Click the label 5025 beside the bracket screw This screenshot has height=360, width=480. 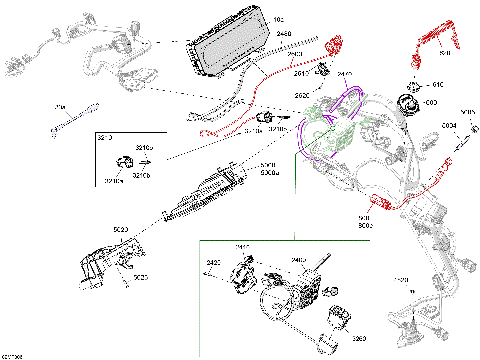141,277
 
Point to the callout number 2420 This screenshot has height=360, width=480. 212,263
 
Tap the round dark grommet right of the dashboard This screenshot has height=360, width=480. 410,101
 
